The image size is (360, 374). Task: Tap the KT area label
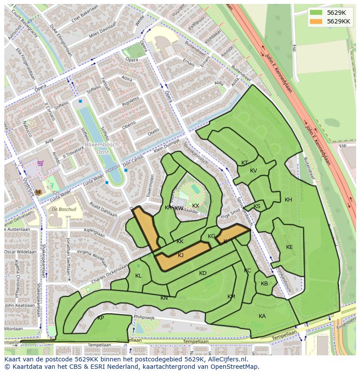point(244,163)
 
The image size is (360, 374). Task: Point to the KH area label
point(288,200)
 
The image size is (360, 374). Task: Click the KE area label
point(289,247)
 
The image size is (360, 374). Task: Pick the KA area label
point(262,316)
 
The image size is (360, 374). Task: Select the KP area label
point(100,318)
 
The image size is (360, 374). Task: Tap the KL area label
point(138,276)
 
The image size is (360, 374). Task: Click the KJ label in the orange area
point(180,255)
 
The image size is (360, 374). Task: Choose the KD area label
point(203,273)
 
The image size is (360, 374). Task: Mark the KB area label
point(264,284)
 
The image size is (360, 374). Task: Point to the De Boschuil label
point(63,209)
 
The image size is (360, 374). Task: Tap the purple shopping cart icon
point(40,163)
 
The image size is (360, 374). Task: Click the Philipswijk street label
point(145,318)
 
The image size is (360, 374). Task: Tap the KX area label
point(196,206)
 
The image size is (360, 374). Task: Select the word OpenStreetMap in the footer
point(236,367)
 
